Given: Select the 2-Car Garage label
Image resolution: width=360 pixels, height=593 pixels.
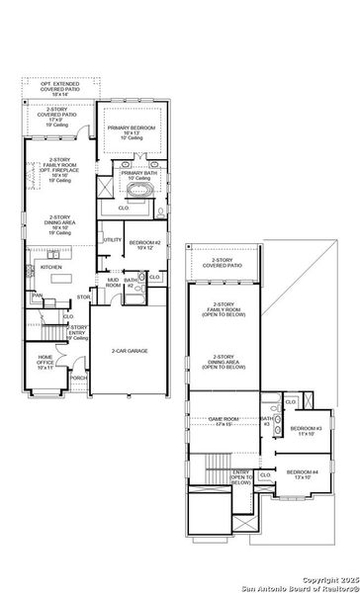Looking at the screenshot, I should [x=130, y=351].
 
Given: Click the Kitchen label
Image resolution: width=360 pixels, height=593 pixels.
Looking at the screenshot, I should [x=51, y=267].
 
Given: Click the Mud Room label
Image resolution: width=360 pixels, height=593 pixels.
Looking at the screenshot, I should [x=113, y=282].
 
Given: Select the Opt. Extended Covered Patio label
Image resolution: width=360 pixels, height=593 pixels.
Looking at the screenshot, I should [x=61, y=88].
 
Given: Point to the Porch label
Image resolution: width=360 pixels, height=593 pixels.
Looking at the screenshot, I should [x=79, y=377].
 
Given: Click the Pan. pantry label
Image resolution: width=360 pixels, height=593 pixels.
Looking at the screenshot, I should [x=37, y=295].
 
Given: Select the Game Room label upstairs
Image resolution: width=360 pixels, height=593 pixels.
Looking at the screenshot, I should [x=226, y=421].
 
